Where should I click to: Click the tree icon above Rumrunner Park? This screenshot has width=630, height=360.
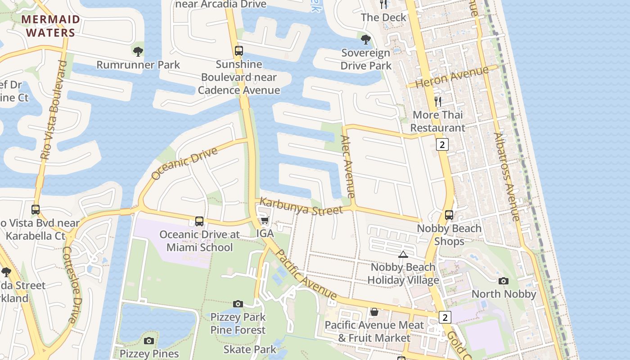[138, 51]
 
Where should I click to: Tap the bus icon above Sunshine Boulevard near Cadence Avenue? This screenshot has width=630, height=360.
[239, 51]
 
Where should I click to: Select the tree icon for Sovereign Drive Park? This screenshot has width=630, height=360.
[366, 40]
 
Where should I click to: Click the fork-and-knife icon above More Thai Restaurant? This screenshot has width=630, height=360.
[438, 102]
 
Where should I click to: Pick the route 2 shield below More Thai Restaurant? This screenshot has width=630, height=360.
[442, 144]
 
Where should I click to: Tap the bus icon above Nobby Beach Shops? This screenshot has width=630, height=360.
[449, 215]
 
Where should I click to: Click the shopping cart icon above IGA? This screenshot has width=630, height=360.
[265, 220]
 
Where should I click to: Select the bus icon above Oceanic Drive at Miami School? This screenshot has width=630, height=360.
[199, 221]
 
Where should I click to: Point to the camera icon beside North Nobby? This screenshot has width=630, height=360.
[504, 281]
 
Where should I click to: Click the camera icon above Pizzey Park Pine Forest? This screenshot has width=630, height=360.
[238, 304]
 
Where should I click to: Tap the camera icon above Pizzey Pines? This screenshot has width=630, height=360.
[149, 341]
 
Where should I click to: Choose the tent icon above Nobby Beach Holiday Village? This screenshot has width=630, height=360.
[403, 254]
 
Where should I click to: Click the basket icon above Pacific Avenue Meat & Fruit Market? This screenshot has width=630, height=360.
[374, 312]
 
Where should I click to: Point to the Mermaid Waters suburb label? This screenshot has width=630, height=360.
[50, 26]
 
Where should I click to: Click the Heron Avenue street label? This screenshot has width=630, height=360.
[451, 77]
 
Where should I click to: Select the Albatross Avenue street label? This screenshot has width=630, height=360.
[507, 176]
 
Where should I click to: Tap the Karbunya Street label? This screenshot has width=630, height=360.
[301, 207]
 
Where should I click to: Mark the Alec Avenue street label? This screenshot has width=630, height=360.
[348, 166]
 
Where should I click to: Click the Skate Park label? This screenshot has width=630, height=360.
[250, 349]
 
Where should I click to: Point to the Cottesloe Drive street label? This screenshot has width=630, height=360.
[72, 284]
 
